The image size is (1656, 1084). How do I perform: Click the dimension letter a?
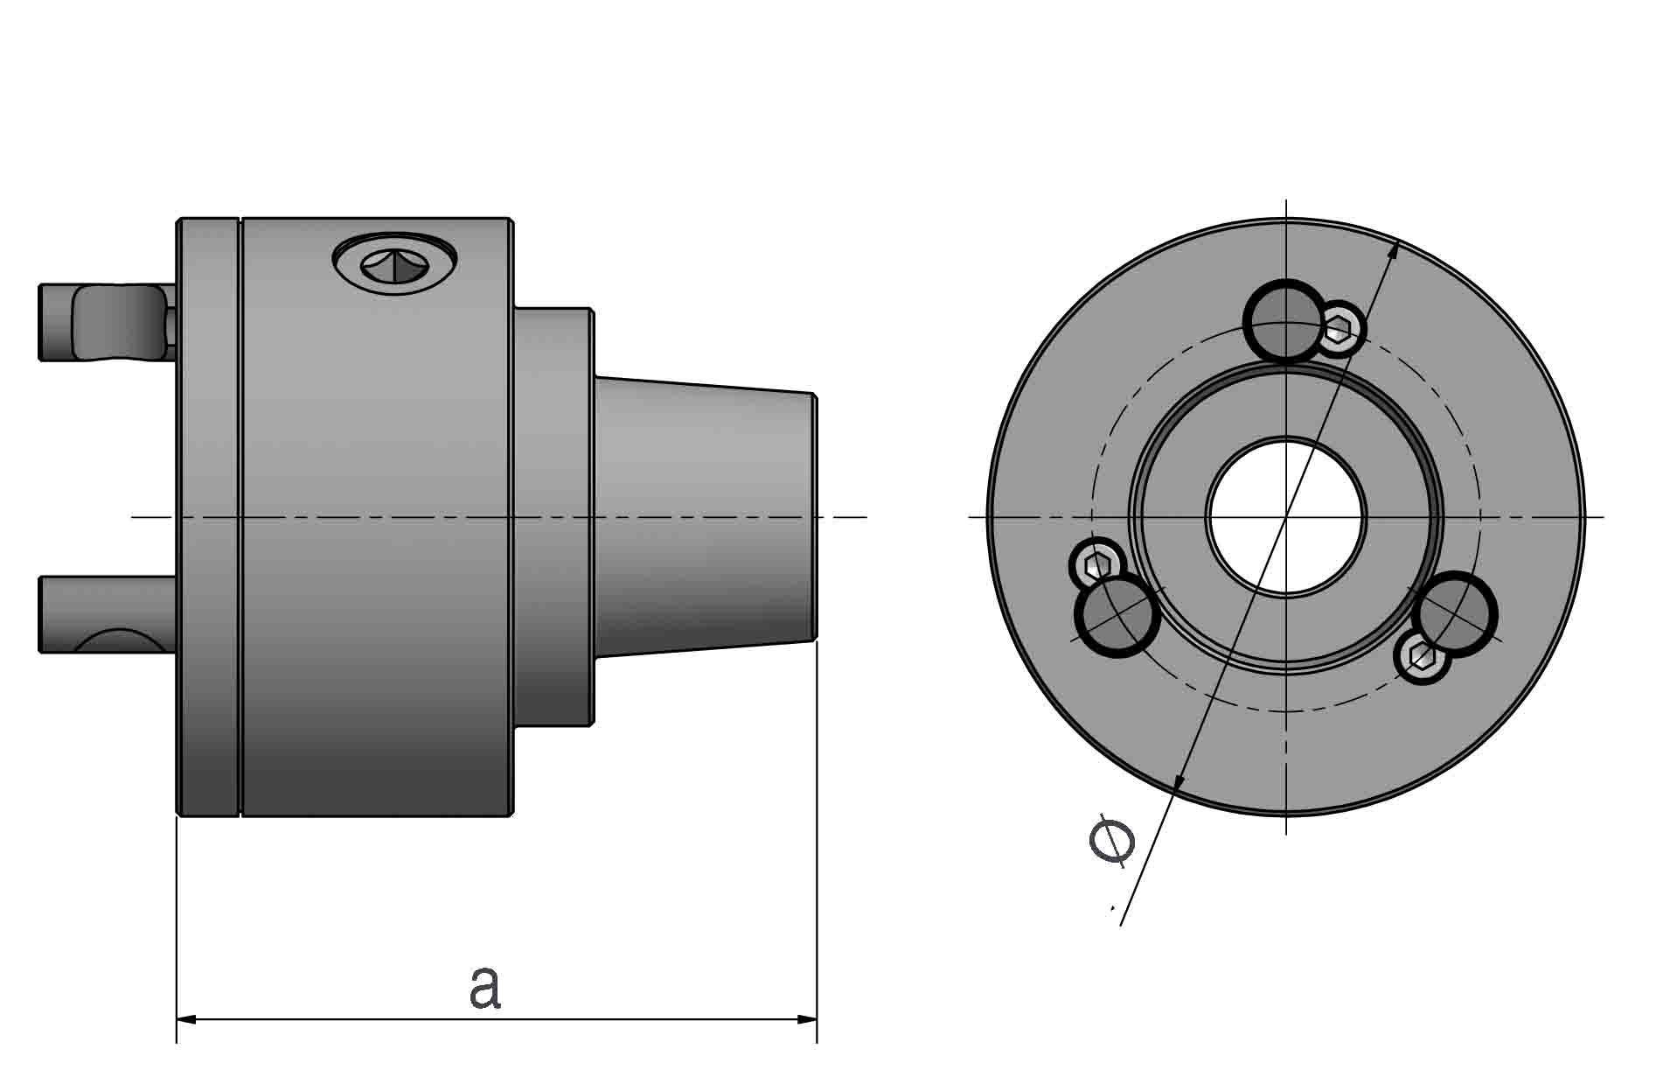(x=484, y=987)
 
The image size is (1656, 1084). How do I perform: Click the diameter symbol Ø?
(x=1111, y=840)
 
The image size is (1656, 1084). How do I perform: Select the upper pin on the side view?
(x=105, y=321)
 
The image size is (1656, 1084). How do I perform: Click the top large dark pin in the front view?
(x=1284, y=320)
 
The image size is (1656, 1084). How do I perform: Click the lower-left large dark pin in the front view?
(x=1117, y=615)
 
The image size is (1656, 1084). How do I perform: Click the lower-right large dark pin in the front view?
(x=1453, y=613)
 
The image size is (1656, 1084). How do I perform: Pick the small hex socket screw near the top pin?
(x=1339, y=329)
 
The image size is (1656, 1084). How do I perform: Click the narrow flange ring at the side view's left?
(x=208, y=516)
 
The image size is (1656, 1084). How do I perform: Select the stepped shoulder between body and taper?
(x=553, y=516)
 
